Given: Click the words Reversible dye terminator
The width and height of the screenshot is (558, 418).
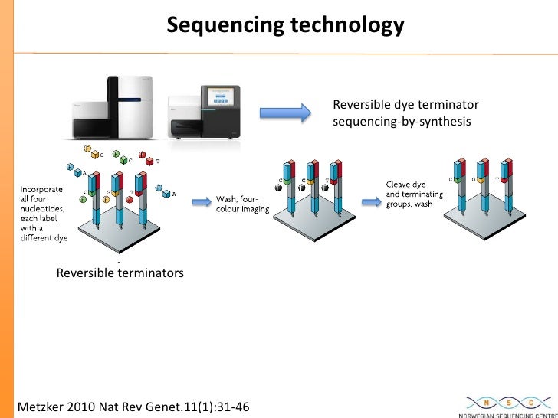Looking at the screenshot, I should [405, 105].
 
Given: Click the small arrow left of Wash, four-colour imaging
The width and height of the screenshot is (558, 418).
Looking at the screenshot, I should [201, 203].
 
